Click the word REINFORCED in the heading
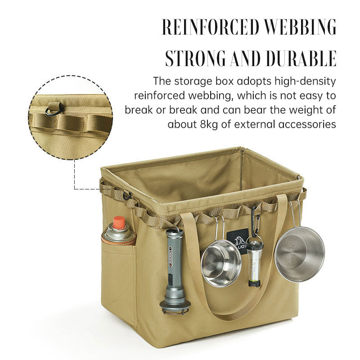[x=211, y=27]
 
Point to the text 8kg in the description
[x=210, y=124]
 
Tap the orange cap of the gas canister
[x=118, y=222]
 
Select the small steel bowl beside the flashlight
[x=220, y=263]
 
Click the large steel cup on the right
[x=300, y=254]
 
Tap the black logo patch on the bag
[x=239, y=238]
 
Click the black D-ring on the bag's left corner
[x=126, y=195]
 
